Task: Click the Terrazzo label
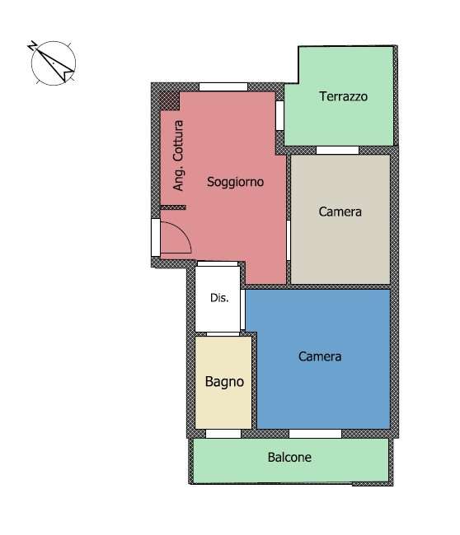(x=344, y=96)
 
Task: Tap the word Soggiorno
(x=235, y=182)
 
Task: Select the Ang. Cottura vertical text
(x=178, y=156)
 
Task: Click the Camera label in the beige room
(x=340, y=212)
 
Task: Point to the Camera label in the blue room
(x=320, y=356)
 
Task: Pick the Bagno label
(x=224, y=382)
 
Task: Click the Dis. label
(x=219, y=298)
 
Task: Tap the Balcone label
(x=289, y=457)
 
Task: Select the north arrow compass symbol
(x=54, y=63)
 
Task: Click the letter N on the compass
(x=32, y=46)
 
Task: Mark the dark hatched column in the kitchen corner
(x=170, y=101)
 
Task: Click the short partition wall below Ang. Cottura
(x=173, y=207)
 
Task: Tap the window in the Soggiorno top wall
(x=223, y=86)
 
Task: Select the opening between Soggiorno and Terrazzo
(x=279, y=115)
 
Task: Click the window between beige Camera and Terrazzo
(x=337, y=150)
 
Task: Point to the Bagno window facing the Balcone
(x=223, y=434)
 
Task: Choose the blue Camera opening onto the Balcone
(x=315, y=434)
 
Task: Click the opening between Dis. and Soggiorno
(x=218, y=263)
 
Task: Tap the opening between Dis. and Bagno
(x=223, y=334)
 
